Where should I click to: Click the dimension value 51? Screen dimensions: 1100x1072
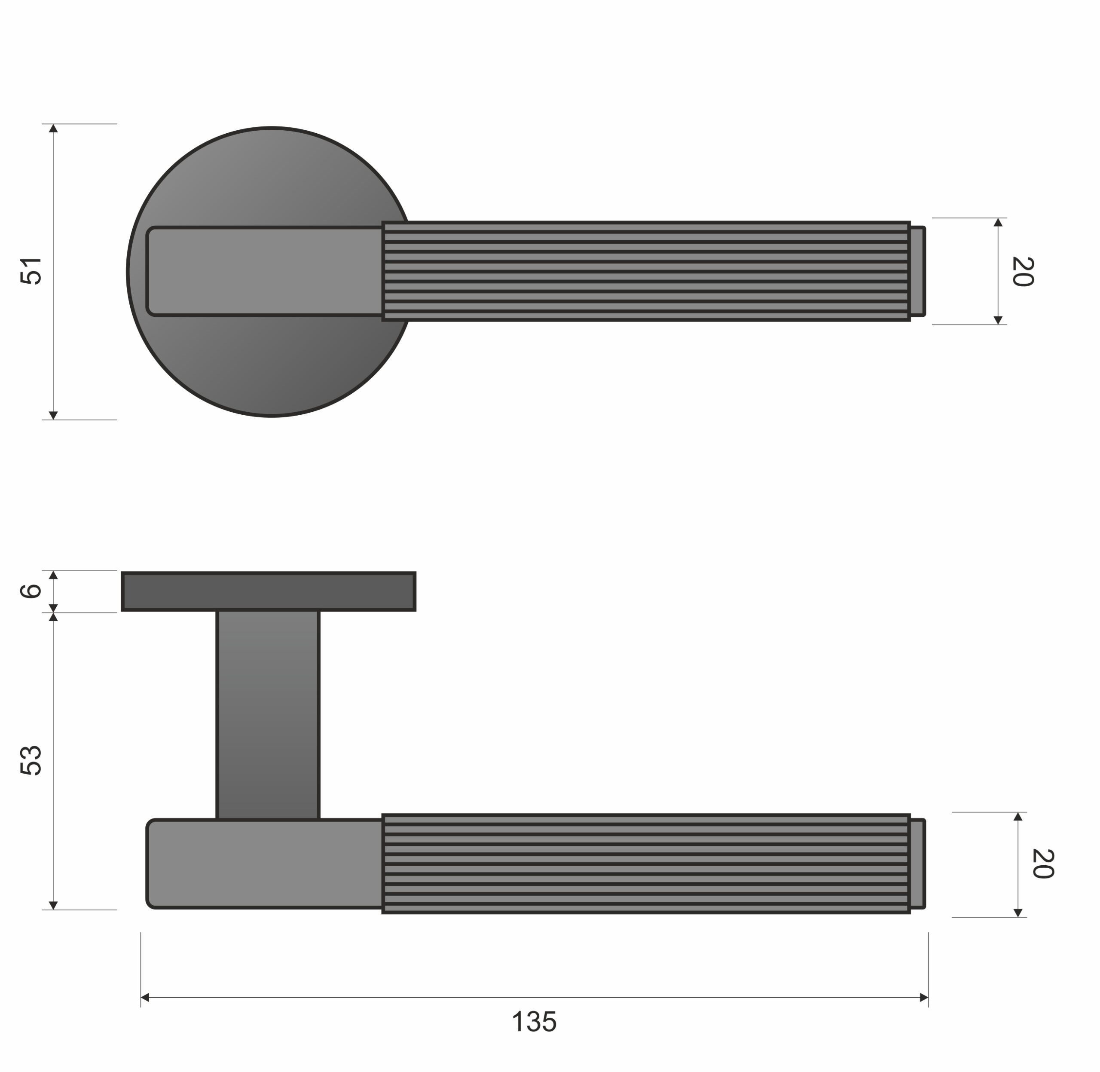(31, 271)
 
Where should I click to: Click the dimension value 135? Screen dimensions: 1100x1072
(534, 1022)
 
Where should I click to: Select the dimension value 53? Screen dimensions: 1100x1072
(31, 760)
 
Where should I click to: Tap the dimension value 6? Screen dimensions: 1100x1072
(31, 591)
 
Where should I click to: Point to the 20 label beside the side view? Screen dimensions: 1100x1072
(1042, 863)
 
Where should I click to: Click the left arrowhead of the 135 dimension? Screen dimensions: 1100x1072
(145, 998)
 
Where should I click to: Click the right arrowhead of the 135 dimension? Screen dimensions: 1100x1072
(924, 998)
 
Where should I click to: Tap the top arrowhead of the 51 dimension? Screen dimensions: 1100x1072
(53, 129)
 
